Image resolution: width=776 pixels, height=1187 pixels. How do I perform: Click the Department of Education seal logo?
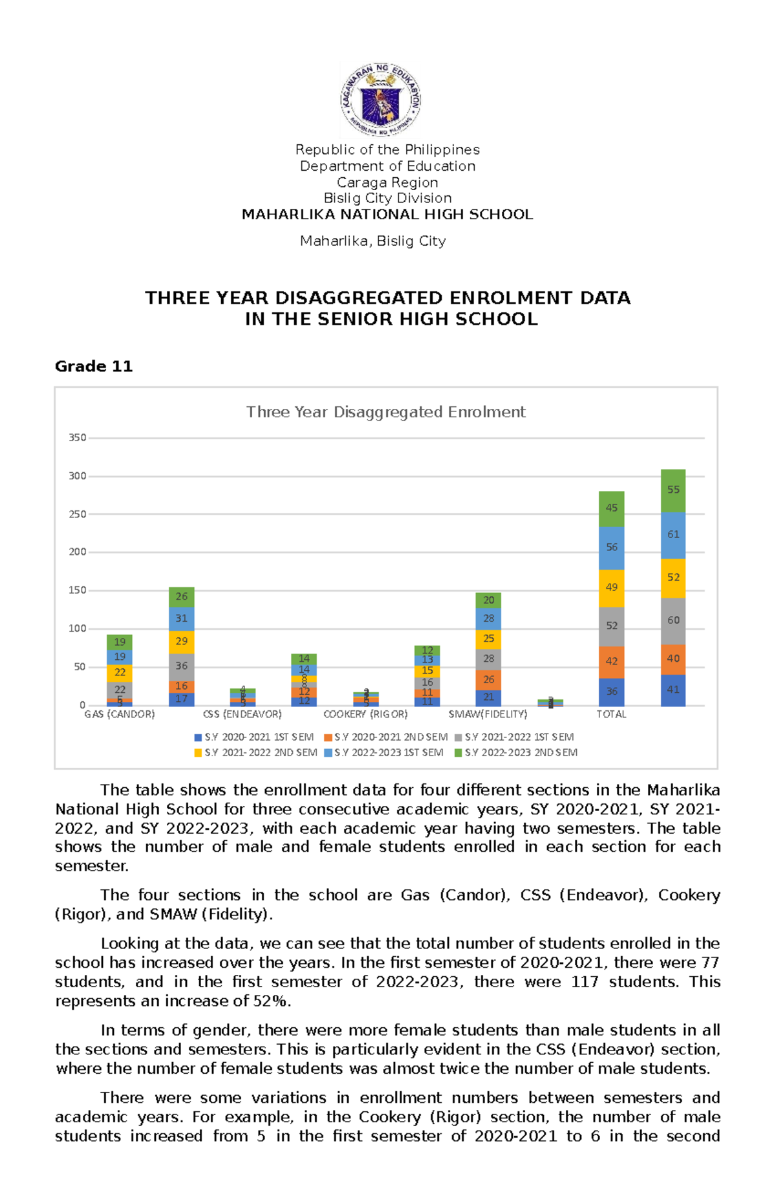(382, 100)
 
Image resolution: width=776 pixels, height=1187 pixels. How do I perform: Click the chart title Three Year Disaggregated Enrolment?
(385, 412)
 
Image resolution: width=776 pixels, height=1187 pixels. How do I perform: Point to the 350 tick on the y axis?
(78, 438)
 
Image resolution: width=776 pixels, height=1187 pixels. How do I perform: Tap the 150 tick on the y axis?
(78, 591)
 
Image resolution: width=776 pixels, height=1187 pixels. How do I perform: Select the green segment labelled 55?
(673, 490)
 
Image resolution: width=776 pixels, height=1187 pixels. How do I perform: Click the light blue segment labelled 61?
(673, 534)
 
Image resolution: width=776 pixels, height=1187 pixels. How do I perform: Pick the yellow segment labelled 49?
(611, 587)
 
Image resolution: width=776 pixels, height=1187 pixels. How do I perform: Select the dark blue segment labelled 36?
(611, 692)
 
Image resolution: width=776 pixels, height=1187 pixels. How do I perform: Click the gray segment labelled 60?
(673, 620)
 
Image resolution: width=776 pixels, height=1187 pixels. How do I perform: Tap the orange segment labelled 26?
(488, 680)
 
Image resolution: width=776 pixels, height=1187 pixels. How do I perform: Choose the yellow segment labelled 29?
(181, 641)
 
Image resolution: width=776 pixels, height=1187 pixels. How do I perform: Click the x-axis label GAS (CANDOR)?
(120, 715)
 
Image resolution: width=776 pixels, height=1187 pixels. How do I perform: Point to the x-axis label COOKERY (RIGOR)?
(365, 715)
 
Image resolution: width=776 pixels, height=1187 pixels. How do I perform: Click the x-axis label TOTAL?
(611, 715)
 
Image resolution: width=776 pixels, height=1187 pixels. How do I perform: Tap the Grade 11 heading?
(94, 367)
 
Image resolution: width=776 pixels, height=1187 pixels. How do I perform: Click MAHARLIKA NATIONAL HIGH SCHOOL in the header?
(387, 215)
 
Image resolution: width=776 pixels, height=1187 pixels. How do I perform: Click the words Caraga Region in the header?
(387, 182)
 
